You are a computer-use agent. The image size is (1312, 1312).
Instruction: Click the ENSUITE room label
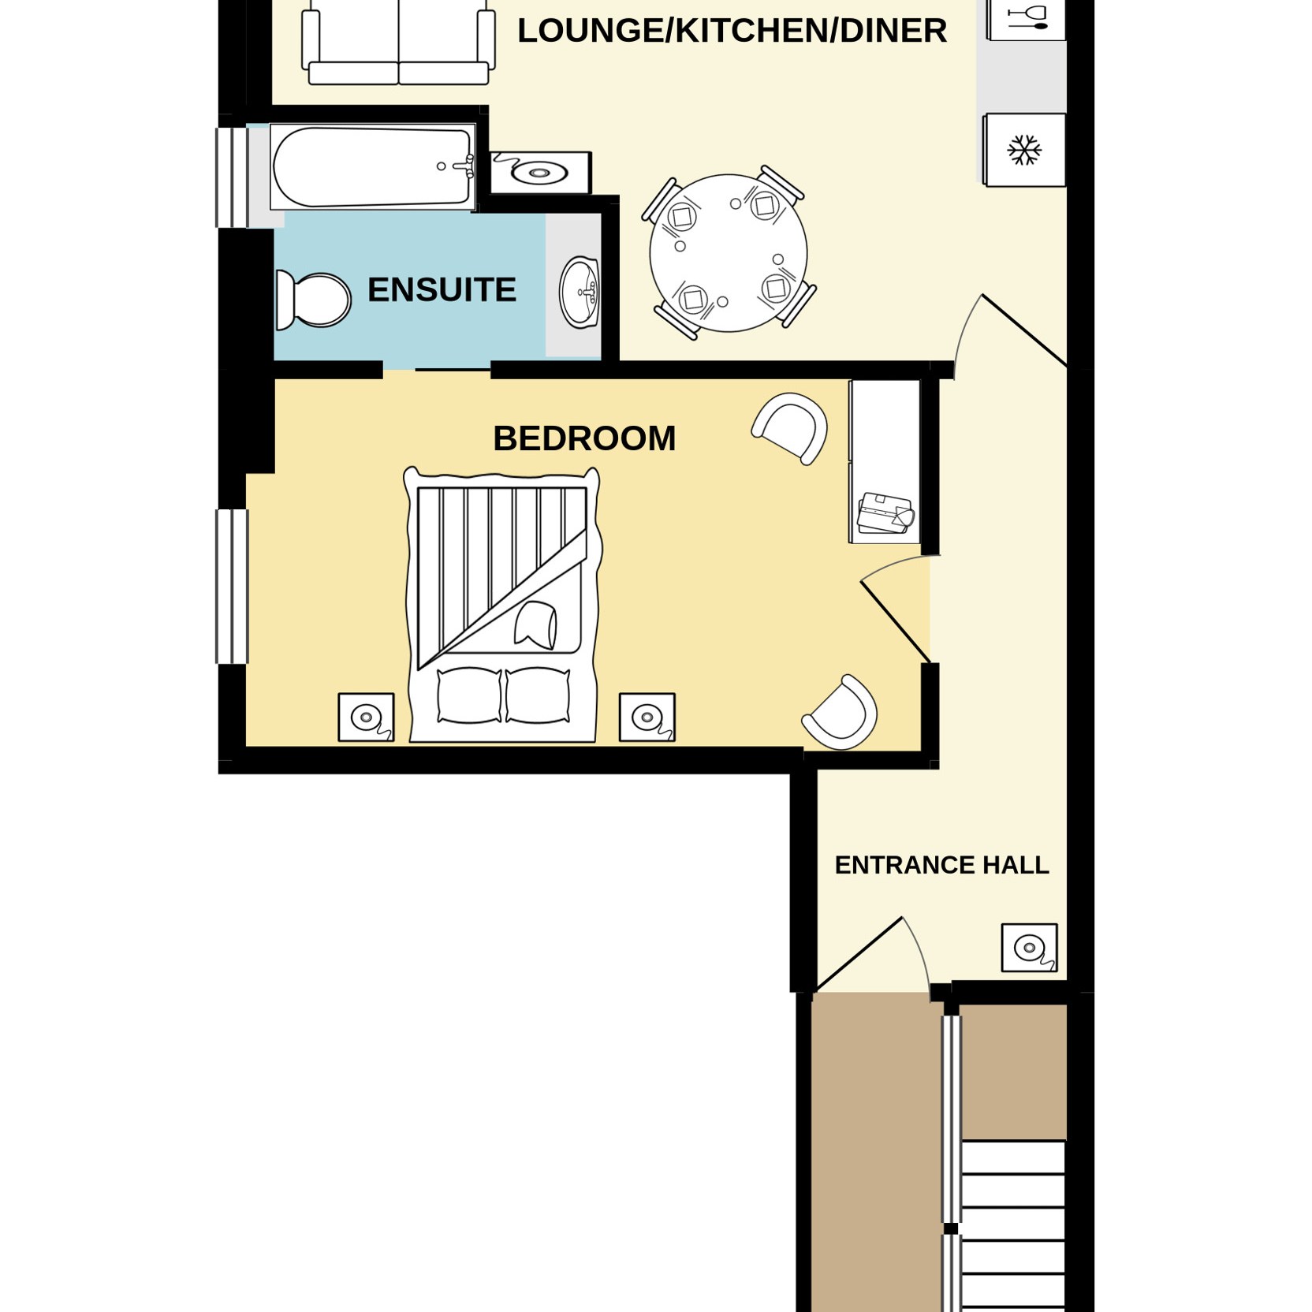(x=442, y=290)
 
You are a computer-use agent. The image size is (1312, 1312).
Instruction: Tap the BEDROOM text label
(x=584, y=438)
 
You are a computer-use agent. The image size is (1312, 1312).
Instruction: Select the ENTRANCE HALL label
(x=941, y=865)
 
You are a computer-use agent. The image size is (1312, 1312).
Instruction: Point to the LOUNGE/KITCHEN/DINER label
(x=732, y=31)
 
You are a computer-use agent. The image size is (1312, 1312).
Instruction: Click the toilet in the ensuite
(x=313, y=300)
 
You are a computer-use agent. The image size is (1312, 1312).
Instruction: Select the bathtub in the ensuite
(x=373, y=167)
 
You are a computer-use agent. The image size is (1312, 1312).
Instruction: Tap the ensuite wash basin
(x=580, y=293)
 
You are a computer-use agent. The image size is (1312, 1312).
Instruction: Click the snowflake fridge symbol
(x=1024, y=150)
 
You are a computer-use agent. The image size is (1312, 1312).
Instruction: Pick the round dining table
(x=729, y=253)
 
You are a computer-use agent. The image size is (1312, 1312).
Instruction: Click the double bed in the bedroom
(x=502, y=605)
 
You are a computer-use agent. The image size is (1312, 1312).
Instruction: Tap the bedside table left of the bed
(x=366, y=717)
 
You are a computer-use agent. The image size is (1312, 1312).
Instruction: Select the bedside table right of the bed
(x=647, y=717)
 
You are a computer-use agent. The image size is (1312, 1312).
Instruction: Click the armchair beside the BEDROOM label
(x=791, y=427)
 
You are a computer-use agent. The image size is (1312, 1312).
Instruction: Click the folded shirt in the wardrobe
(x=886, y=512)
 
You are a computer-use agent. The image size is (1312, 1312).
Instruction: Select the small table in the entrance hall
(x=1029, y=948)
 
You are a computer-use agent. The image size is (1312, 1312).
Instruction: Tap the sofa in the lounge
(x=399, y=43)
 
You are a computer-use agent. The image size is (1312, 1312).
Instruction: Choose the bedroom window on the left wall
(x=233, y=586)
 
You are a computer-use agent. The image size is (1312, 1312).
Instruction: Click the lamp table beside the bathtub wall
(x=540, y=173)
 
